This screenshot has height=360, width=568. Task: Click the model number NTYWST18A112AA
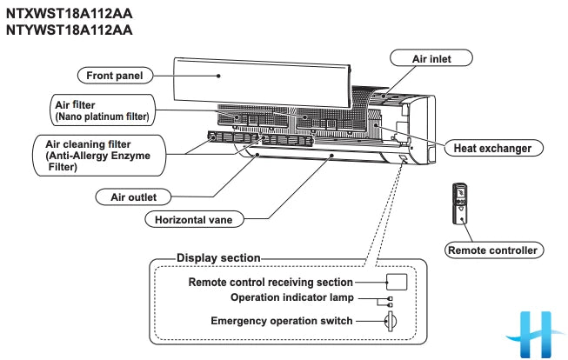coord(70,30)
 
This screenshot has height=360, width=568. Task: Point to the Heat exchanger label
coord(492,149)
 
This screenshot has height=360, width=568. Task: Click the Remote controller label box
coord(491,250)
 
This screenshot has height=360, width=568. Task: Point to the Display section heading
coord(217,258)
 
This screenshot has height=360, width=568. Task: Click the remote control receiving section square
coord(396,282)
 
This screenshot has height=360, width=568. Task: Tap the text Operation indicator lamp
coord(291,297)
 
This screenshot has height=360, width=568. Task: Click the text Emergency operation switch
coord(282,321)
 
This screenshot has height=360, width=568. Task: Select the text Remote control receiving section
coord(271,282)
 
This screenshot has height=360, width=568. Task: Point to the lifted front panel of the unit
coord(261,76)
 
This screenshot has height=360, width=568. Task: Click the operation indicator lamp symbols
coord(390,302)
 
